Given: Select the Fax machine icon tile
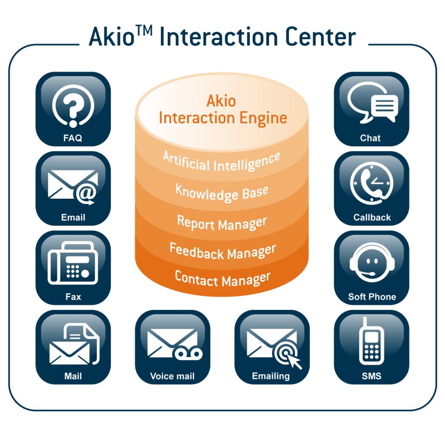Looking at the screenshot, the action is coord(73,268).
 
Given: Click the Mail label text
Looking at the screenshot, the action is coord(73,376).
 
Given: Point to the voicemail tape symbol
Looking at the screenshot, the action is coord(187,354).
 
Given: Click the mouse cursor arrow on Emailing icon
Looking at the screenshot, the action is coord(294,361).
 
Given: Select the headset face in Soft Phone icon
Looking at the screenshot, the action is coord(372,263).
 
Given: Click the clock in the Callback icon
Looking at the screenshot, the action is coord(372,183).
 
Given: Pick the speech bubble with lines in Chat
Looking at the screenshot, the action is coord(385,107).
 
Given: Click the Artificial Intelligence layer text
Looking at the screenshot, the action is coord(222,162).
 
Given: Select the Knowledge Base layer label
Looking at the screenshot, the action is coord(222,193).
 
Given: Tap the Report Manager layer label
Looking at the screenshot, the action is coord(222,223).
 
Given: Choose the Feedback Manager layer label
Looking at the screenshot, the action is coord(222,252).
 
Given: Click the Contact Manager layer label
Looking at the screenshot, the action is coord(222,279).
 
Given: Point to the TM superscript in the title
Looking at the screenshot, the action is coord(144,31).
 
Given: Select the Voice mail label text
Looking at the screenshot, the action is coord(172,376).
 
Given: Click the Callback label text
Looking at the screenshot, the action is coord(372,217).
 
